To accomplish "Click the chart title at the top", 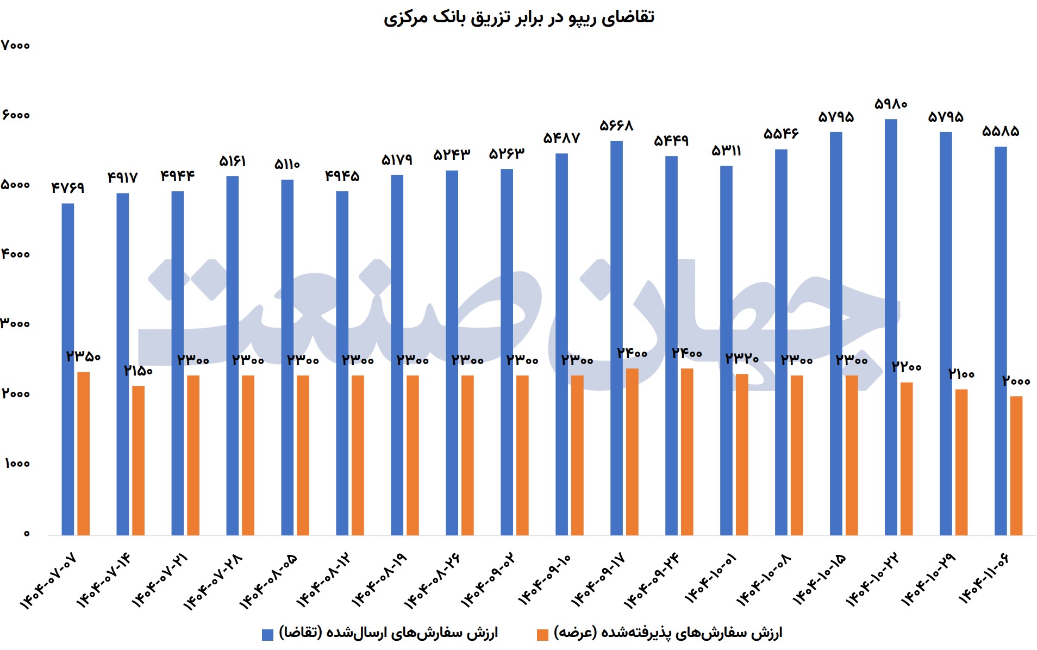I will click(x=518, y=17).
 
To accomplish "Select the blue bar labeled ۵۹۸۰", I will click(x=891, y=326).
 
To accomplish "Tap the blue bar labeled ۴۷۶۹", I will click(x=68, y=370).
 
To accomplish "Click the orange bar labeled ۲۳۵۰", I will click(x=84, y=454).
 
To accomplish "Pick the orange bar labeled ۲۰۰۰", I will click(x=1016, y=466).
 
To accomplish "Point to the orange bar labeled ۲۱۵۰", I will click(x=139, y=460).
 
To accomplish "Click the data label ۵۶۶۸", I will click(x=616, y=126).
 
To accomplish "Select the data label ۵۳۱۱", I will click(x=726, y=151).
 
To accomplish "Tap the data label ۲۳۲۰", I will click(x=742, y=358).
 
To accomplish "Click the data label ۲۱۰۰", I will click(x=961, y=374).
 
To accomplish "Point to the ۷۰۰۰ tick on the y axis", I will click(x=16, y=46).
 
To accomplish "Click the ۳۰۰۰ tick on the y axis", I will click(x=16, y=324).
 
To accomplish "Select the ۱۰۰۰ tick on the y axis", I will click(x=17, y=464).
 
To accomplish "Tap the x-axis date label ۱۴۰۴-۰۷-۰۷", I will click(x=48, y=582).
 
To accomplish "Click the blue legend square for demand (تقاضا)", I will click(x=267, y=634).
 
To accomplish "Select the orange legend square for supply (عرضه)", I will click(x=542, y=634).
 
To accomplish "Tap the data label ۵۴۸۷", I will click(x=561, y=139).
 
